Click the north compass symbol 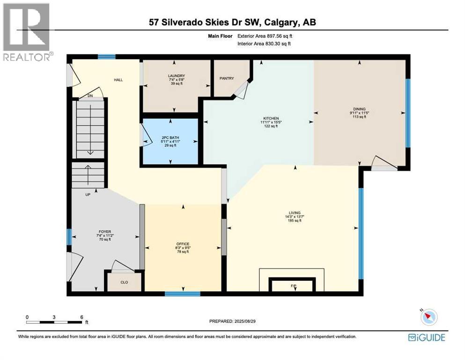coord(428,317)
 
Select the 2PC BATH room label coord(170,138)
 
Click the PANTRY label coord(227,79)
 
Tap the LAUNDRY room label coord(177,76)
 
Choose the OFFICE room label coord(183,244)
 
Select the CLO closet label coord(124,282)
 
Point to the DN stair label coord(91,96)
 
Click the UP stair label coord(88,194)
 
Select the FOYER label coord(104,232)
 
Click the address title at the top coord(232,22)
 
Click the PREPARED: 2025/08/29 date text coord(233,321)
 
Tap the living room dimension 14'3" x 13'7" coord(295,217)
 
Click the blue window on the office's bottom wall coord(183,294)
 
